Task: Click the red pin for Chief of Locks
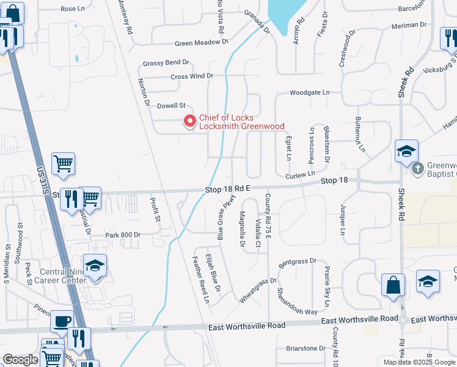[189, 121]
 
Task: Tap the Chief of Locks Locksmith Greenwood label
[242, 122]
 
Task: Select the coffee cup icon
[62, 321]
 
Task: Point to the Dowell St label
[171, 106]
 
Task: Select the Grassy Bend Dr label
[166, 63]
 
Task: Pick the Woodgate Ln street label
[309, 92]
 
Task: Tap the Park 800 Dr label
[123, 235]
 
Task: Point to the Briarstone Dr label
[306, 348]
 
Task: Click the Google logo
[21, 360]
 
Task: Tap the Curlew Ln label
[299, 176]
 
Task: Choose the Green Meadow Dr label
[201, 43]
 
